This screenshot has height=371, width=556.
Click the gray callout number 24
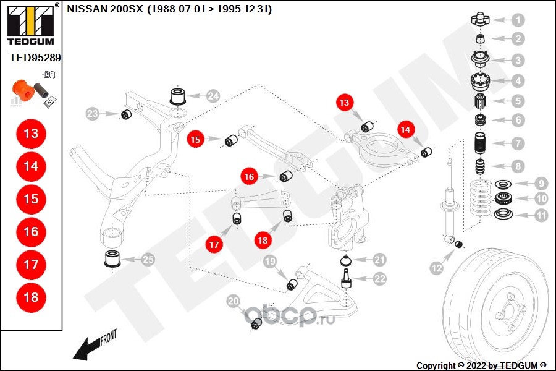click(213, 96)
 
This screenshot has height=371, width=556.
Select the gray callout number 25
click(148, 260)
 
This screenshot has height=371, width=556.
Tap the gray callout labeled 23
click(92, 114)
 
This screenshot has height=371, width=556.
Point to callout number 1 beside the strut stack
click(518, 20)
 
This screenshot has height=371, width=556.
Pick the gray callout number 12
click(437, 268)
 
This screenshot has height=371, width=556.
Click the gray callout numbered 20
click(233, 302)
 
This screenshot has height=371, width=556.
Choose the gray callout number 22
click(379, 279)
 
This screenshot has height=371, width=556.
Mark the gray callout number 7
click(518, 143)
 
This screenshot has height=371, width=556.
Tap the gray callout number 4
click(518, 80)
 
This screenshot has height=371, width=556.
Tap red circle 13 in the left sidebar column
click(31, 134)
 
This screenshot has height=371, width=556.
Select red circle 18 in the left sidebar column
click(31, 297)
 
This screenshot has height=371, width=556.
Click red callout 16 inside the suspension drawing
click(248, 177)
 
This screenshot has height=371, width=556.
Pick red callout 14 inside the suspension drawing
click(405, 130)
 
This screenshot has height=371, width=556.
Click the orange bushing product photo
click(23, 90)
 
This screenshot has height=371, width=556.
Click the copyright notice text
click(482, 365)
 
